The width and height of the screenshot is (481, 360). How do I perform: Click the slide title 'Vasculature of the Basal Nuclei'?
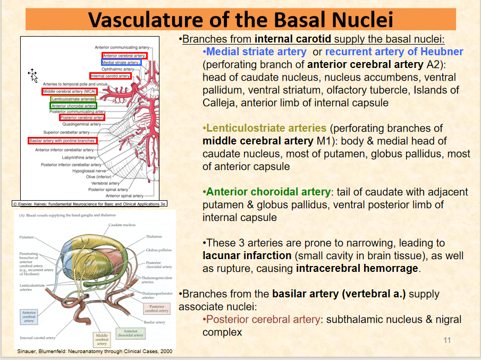[241, 20]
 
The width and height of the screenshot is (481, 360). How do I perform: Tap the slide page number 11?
[447, 340]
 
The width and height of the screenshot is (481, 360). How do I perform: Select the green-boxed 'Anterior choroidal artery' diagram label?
[73, 106]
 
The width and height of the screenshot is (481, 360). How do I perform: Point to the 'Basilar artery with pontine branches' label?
[63, 141]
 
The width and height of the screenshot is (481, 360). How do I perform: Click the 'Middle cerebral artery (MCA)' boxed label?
[69, 91]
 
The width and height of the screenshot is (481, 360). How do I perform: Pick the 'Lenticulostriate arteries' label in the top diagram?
[73, 99]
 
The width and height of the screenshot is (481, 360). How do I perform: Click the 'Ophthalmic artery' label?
[117, 69]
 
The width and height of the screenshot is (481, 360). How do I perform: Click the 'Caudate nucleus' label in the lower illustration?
[122, 225]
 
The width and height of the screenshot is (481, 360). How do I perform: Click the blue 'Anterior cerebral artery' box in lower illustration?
[29, 317]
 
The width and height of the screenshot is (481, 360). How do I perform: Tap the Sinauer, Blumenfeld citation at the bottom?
[95, 352]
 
